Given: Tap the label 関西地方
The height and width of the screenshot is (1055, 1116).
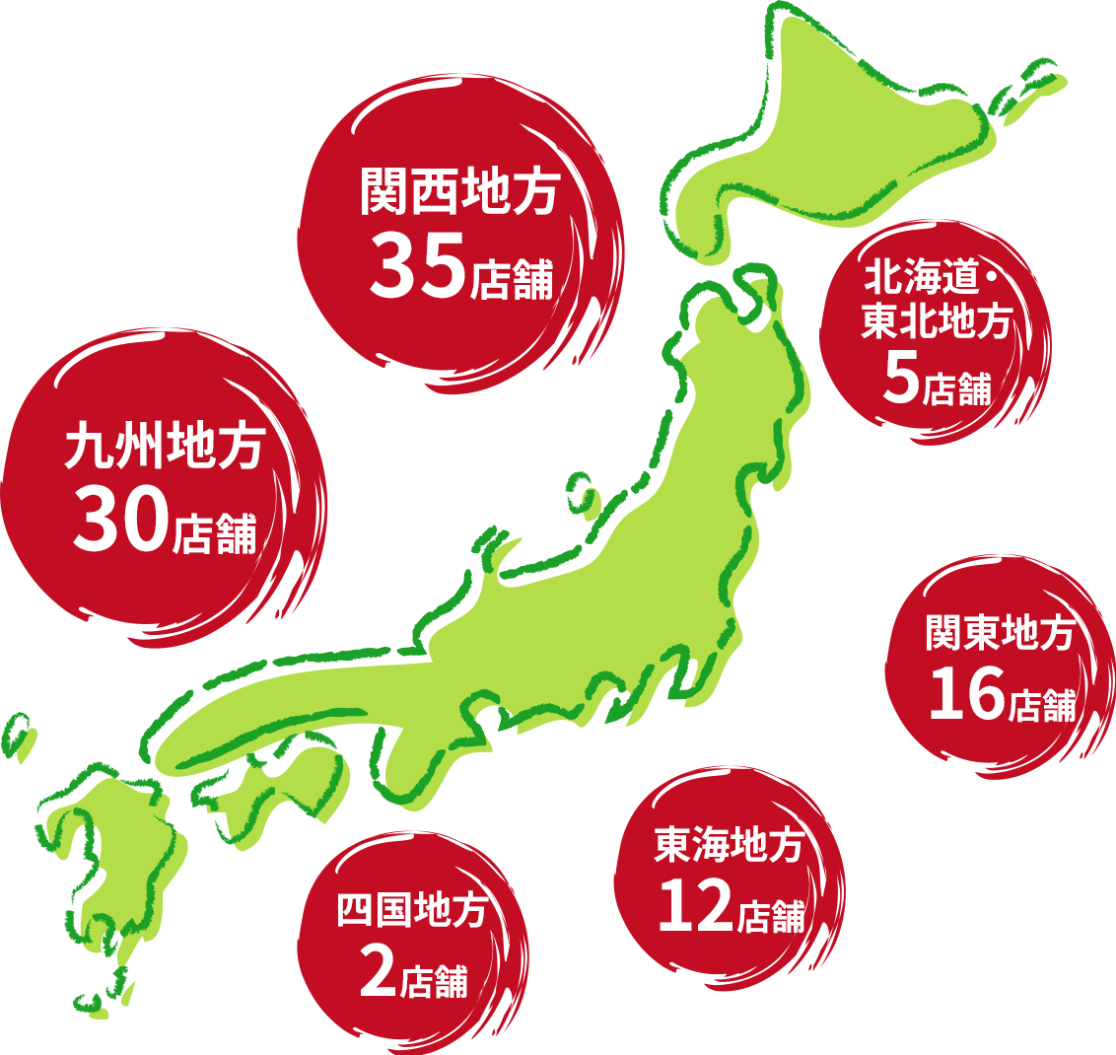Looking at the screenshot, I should coord(460,191).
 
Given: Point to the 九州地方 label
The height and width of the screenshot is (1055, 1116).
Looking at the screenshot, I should coord(165,447).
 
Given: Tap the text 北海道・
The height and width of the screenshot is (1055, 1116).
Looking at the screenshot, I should coord(933,280).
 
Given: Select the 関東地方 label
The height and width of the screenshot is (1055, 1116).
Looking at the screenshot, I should coord(999,635).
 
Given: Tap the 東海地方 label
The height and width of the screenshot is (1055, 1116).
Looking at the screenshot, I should coord(730,846).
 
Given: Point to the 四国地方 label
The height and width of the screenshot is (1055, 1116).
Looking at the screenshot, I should coord(412,910).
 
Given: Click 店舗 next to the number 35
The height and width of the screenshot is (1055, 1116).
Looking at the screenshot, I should coord(512,279).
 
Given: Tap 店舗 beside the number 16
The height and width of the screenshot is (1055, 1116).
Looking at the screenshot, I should coord(1042,706).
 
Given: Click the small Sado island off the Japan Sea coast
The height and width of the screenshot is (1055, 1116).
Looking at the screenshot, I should coord(582,493).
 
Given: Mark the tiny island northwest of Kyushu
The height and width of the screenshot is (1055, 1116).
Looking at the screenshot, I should coord(16,732).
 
